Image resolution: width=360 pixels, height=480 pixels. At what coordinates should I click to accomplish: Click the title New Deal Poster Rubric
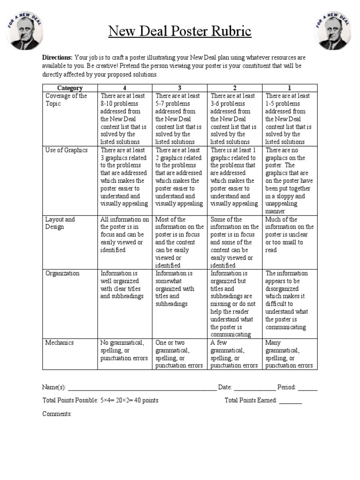coord(180,31)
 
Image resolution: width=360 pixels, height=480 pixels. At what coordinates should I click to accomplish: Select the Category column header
coord(70,88)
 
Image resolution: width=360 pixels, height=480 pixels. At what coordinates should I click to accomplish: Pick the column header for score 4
coord(124,88)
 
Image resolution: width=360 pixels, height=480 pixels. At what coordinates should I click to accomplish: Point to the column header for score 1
coord(290,88)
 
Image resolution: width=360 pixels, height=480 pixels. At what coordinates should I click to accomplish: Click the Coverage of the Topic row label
coord(66,100)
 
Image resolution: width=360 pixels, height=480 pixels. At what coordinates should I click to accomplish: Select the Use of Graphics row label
coord(66,150)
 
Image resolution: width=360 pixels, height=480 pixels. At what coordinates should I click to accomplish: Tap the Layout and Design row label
coord(60,223)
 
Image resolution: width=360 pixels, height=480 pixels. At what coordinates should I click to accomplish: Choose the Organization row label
coord(62,273)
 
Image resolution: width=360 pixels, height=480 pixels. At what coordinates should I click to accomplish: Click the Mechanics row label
coord(60,343)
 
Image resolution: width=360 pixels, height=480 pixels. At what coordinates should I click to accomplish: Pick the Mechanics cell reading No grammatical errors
coord(124,351)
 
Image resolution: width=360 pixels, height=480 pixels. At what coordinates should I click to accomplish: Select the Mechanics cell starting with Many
coord(289,354)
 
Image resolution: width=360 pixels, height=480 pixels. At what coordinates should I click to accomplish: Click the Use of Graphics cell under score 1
coord(289,180)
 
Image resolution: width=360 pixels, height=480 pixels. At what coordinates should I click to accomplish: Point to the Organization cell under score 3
coord(179,288)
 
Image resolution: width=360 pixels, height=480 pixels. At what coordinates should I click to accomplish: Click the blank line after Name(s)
coord(142,388)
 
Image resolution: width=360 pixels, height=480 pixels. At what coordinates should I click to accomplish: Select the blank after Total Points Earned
coord(291,401)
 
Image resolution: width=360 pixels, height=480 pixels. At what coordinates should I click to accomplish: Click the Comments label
coord(57,414)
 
